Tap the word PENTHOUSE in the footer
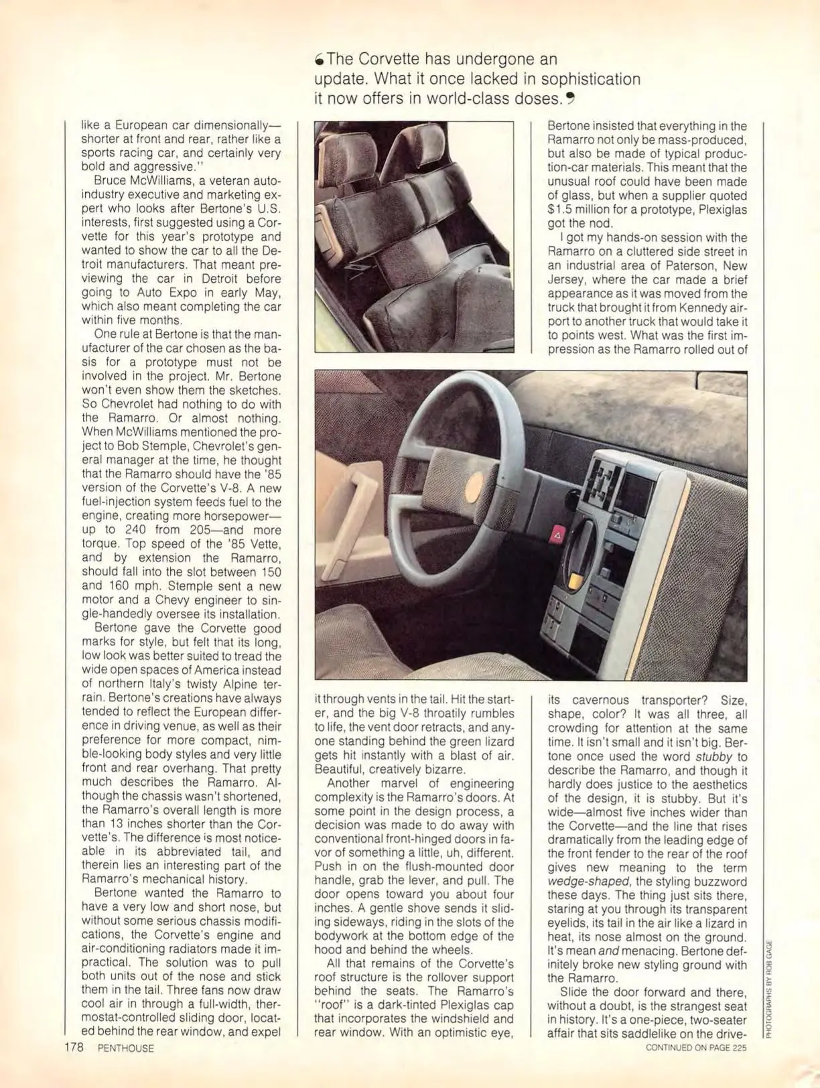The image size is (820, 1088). tap(125, 1048)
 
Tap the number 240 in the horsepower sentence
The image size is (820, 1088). tap(137, 529)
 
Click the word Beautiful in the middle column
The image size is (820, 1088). tap(340, 770)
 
